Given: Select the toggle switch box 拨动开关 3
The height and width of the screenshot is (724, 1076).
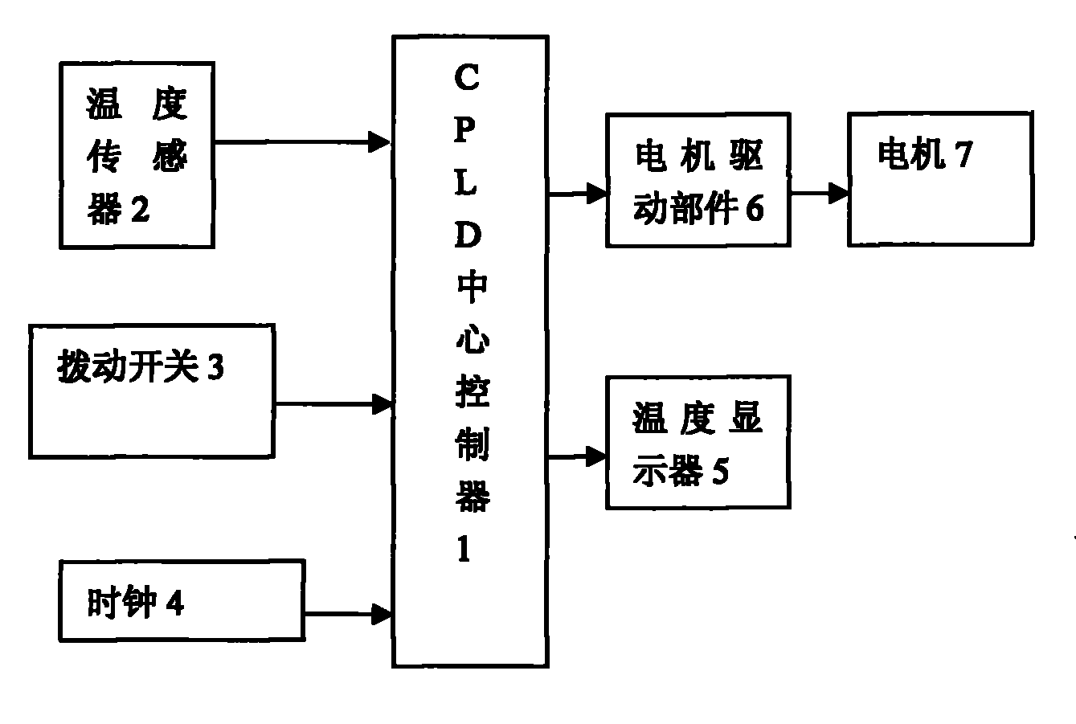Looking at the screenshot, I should [152, 391].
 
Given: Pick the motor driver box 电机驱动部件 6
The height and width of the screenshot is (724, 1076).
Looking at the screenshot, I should [698, 180].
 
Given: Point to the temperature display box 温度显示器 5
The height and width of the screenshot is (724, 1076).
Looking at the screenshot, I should [698, 443].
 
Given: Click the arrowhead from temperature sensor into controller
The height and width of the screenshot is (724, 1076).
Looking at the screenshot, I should [379, 143].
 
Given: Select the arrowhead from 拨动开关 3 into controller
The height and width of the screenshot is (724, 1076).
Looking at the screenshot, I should [381, 403].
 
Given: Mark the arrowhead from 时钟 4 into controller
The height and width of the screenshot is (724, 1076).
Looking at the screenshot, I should [381, 615].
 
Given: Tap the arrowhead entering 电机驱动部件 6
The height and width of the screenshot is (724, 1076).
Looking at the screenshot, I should [596, 193].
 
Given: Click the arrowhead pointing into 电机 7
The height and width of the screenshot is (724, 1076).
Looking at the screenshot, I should [838, 193].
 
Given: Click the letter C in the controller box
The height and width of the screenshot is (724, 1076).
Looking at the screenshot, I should [468, 80].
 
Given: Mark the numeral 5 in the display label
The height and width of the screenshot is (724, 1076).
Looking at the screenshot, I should [720, 472].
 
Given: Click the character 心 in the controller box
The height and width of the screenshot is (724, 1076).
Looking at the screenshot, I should [471, 341].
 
